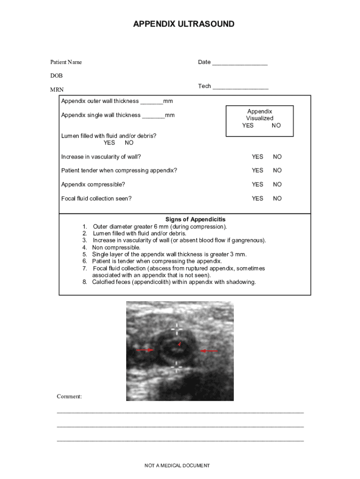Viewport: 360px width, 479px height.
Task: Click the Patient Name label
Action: point(66,62)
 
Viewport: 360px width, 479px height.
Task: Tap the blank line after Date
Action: point(239,63)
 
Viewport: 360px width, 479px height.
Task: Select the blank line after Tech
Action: point(240,87)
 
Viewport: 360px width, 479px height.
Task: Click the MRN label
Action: point(57,89)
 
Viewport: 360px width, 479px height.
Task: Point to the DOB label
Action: point(57,76)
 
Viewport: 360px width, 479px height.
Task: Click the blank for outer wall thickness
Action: point(151,102)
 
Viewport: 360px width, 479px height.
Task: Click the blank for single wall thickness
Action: point(153,116)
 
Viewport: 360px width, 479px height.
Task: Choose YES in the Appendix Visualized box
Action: point(248,125)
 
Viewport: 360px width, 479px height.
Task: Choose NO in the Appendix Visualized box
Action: point(276,125)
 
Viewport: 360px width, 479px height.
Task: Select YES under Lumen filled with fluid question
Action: point(109,143)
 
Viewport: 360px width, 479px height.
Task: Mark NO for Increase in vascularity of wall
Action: point(277,157)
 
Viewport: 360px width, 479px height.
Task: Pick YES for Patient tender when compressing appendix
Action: point(258,170)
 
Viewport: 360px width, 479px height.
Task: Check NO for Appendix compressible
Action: point(277,184)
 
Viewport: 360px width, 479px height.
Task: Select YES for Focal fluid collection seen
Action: point(258,198)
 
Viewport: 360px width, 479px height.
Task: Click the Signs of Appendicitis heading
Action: point(195,219)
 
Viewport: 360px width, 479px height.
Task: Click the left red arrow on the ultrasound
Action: point(144,350)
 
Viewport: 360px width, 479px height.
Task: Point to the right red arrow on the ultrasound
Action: point(209,350)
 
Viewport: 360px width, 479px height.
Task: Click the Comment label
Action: point(69,397)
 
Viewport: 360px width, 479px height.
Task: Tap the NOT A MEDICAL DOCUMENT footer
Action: point(177,465)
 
